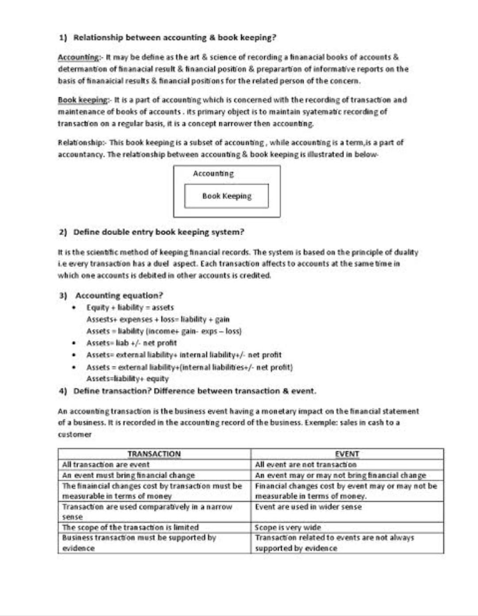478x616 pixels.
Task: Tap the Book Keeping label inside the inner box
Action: [x=227, y=196]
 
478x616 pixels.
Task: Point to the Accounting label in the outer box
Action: [x=213, y=174]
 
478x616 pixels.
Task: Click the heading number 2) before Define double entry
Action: [x=63, y=232]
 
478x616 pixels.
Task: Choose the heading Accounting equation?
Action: [x=119, y=296]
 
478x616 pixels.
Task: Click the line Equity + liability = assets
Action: [x=130, y=308]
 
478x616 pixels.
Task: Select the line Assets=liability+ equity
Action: [x=127, y=379]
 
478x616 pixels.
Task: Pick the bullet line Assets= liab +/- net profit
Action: [x=131, y=343]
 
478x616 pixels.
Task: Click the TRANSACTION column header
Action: [x=154, y=454]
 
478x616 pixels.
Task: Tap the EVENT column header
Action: [x=347, y=454]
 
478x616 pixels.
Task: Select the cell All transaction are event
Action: [x=106, y=465]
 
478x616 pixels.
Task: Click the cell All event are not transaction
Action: [x=305, y=465]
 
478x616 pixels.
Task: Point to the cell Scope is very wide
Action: [x=288, y=528]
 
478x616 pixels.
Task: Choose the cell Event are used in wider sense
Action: [x=308, y=507]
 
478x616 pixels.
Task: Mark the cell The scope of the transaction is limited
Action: [x=130, y=528]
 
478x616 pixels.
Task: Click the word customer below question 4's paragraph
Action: [x=74, y=435]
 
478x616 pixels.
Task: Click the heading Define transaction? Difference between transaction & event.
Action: [x=195, y=391]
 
